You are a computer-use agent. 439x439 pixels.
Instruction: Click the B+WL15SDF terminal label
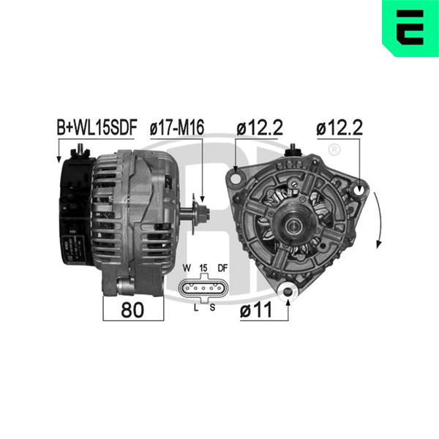point(97,127)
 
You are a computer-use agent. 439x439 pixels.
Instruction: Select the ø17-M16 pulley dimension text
point(177,127)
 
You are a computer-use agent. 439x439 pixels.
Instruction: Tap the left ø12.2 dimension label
point(260,127)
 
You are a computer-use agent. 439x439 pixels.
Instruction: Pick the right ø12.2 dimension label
point(339,127)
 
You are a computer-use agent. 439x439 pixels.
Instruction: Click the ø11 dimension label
point(256,310)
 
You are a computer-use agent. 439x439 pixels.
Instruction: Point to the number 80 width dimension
point(132,310)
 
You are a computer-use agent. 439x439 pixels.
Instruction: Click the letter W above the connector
point(187,268)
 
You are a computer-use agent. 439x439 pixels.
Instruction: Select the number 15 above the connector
point(203,268)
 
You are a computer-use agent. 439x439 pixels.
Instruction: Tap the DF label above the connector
point(222,268)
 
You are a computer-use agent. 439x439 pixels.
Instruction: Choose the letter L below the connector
point(196,308)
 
